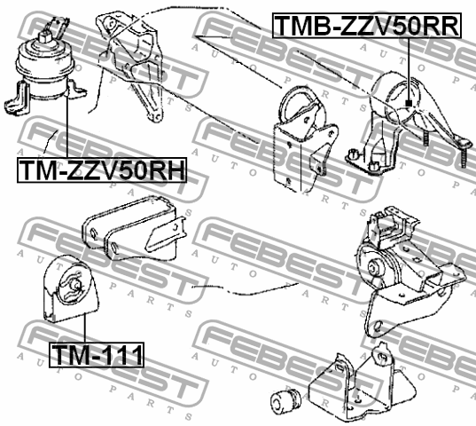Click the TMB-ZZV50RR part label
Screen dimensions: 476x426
367,26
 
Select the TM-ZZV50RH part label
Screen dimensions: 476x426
102,170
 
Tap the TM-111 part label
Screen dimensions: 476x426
97,355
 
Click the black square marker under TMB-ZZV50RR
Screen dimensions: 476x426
409,103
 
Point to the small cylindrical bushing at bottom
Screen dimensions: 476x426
285,400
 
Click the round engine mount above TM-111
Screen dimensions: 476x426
71,288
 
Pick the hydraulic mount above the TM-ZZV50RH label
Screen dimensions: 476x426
45,67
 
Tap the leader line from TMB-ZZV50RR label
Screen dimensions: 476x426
409,70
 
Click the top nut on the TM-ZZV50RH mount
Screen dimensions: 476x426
45,36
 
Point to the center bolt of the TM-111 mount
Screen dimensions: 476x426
76,285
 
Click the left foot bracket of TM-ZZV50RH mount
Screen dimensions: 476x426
16,98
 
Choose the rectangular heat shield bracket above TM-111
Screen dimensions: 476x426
134,228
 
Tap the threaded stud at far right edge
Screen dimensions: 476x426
463,155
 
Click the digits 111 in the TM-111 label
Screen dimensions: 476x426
121,355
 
